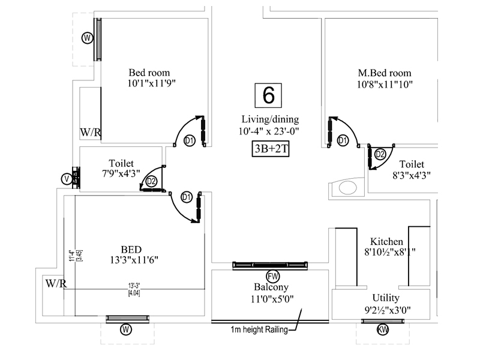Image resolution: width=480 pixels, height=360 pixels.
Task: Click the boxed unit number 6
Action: click(x=269, y=95)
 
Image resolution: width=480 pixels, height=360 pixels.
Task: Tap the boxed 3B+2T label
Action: click(x=270, y=149)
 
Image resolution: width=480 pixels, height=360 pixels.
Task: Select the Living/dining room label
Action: click(x=270, y=119)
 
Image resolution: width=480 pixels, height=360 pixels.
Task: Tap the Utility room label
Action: click(x=386, y=298)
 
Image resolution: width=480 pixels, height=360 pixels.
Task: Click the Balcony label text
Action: click(x=269, y=286)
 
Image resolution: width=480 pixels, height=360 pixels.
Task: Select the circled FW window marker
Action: click(x=273, y=275)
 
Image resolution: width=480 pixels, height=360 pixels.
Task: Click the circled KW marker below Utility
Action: click(x=383, y=329)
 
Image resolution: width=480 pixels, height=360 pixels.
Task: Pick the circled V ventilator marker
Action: click(x=66, y=179)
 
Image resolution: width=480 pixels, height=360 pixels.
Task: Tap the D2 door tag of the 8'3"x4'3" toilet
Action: click(x=379, y=154)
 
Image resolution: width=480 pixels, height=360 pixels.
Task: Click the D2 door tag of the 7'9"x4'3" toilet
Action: click(x=151, y=181)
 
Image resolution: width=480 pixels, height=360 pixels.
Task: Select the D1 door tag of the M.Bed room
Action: click(x=343, y=140)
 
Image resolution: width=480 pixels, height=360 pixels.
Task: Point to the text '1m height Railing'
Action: click(x=259, y=329)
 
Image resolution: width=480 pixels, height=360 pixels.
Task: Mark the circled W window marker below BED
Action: click(x=125, y=329)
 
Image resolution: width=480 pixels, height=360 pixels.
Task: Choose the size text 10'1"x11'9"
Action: click(x=151, y=84)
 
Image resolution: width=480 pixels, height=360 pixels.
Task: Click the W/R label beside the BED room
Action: click(x=56, y=283)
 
